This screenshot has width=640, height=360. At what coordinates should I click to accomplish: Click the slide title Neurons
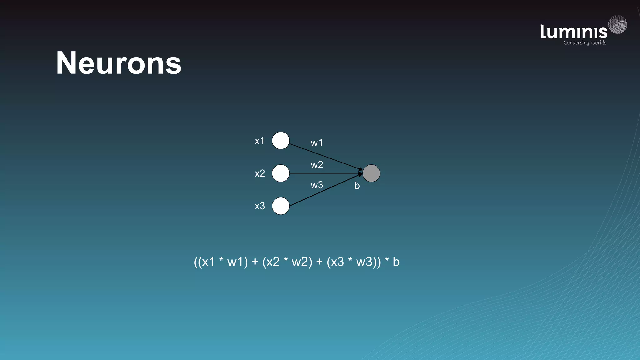[119, 63]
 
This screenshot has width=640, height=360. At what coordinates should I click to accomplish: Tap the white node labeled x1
[281, 141]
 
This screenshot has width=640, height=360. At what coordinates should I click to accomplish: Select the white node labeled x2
[281, 173]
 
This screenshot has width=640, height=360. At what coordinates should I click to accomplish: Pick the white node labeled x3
[281, 206]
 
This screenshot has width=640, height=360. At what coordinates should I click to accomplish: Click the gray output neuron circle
[371, 173]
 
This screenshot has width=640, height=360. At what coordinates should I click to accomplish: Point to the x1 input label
[259, 141]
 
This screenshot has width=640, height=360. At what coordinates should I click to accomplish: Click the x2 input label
[260, 173]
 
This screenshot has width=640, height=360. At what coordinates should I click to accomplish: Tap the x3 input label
[260, 206]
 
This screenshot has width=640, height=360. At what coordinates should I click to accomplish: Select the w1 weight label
[317, 143]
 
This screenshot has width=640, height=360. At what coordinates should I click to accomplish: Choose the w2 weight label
[317, 165]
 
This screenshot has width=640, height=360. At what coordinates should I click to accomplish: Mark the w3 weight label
[317, 185]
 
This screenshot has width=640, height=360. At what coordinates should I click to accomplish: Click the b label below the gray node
[357, 186]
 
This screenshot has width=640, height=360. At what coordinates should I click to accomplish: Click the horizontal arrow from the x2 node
[325, 173]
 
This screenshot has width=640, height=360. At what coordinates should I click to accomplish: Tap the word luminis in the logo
[573, 32]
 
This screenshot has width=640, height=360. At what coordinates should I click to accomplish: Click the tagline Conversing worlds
[585, 43]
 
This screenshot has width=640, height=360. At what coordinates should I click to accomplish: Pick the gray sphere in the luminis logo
[617, 24]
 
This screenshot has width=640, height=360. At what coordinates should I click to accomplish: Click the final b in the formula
[396, 262]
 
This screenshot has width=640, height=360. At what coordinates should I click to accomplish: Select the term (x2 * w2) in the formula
[287, 262]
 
